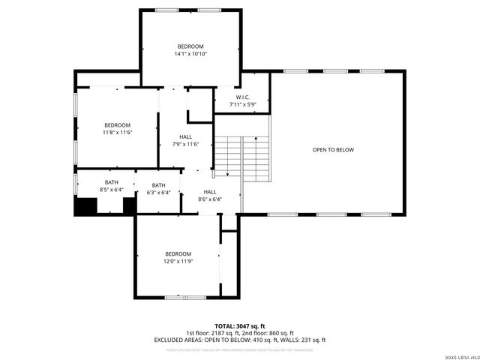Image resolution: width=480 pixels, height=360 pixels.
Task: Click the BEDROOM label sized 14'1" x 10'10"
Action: pyautogui.click(x=190, y=46)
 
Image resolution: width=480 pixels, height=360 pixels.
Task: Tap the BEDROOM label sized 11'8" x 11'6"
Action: pyautogui.click(x=117, y=125)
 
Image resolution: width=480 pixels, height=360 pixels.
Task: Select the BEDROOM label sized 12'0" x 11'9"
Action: pyautogui.click(x=178, y=253)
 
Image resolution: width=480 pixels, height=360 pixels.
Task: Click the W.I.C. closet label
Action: pyautogui.click(x=242, y=97)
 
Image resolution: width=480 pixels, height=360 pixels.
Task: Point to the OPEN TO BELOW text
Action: pyautogui.click(x=333, y=150)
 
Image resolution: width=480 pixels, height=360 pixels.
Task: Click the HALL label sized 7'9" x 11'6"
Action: pyautogui.click(x=186, y=136)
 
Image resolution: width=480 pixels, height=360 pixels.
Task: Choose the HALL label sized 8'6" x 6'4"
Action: pyautogui.click(x=210, y=192)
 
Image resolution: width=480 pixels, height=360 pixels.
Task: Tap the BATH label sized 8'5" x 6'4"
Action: pyautogui.click(x=112, y=183)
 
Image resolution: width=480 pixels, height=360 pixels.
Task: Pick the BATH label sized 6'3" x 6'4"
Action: pyautogui.click(x=159, y=186)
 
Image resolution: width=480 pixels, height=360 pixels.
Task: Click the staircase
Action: pyautogui.click(x=241, y=158)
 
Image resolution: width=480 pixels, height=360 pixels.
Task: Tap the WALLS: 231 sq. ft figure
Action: pyautogui.click(x=307, y=340)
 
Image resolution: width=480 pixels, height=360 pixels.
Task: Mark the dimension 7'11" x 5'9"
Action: pyautogui.click(x=242, y=104)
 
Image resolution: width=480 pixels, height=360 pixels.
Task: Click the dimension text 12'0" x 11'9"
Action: pyautogui.click(x=178, y=261)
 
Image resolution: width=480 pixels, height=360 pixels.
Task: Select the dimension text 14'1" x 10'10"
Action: pyautogui.click(x=190, y=54)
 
